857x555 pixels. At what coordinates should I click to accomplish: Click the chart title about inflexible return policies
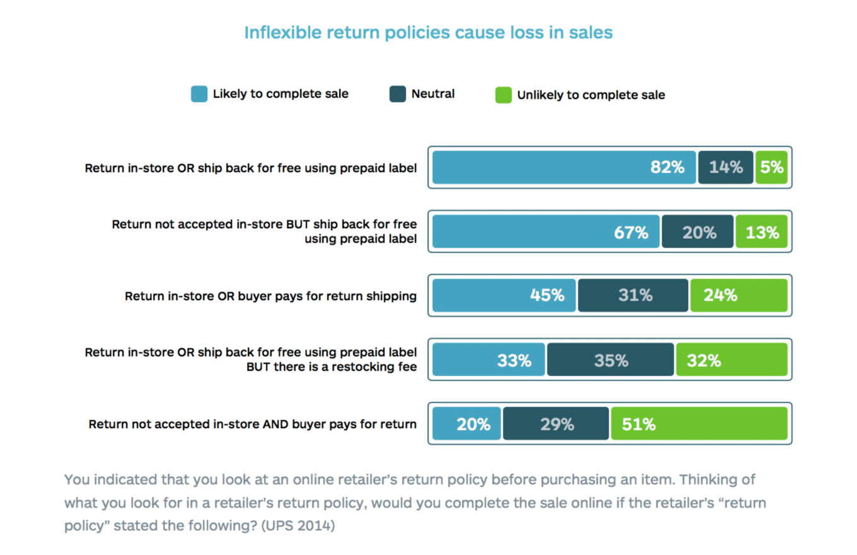[428, 33]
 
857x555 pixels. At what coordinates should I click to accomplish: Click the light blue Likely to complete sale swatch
[199, 95]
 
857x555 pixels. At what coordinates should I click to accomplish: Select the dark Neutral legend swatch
[398, 95]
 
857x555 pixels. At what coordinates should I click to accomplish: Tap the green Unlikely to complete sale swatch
[503, 95]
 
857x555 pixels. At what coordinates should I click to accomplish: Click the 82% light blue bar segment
[563, 167]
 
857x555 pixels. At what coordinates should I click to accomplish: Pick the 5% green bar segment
[771, 167]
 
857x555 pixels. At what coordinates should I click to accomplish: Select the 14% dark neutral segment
[725, 167]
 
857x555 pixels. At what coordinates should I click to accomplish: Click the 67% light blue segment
[546, 231]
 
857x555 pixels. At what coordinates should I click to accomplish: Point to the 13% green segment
[761, 231]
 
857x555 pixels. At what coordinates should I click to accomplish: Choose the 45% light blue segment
[504, 295]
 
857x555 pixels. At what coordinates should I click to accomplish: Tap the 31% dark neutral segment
[633, 295]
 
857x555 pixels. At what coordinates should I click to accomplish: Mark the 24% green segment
[739, 295]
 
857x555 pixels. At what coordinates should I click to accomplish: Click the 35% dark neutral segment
[610, 360]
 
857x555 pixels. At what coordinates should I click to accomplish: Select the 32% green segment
[732, 360]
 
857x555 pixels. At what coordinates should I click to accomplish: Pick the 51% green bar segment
[699, 424]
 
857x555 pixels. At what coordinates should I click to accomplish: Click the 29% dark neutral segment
[556, 424]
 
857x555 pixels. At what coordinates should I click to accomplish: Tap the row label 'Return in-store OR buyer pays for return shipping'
[271, 296]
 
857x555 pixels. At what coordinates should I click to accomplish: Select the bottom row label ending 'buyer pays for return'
[253, 424]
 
